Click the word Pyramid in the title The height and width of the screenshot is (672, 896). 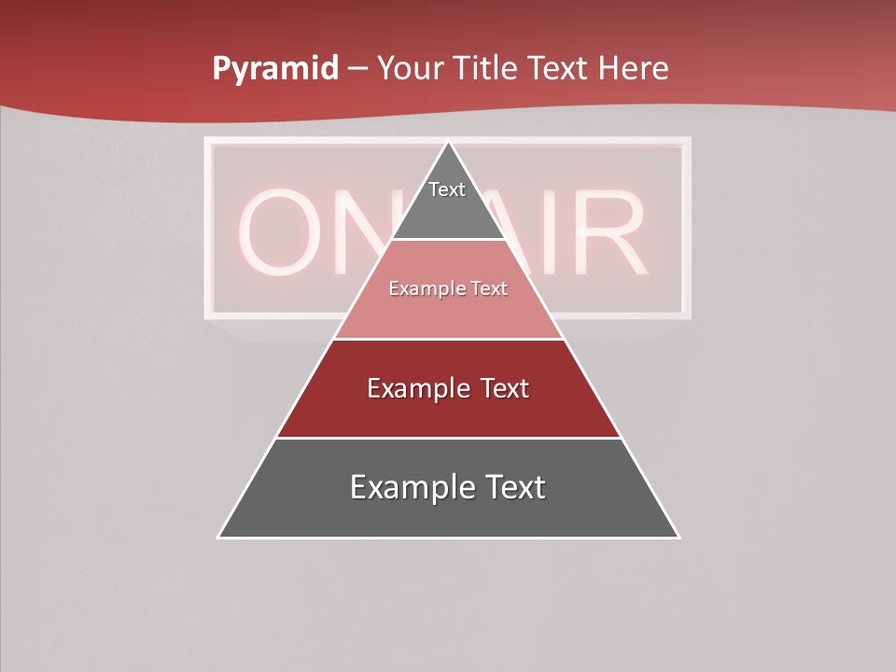pyautogui.click(x=275, y=69)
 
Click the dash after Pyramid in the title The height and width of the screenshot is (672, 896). pyautogui.click(x=357, y=69)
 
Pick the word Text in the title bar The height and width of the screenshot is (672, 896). pyautogui.click(x=559, y=69)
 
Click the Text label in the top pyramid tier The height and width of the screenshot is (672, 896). pyautogui.click(x=447, y=189)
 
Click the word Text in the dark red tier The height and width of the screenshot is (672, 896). pyautogui.click(x=502, y=388)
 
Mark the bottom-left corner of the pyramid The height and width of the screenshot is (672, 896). pyautogui.click(x=218, y=537)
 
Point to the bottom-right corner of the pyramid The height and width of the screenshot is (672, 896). pyautogui.click(x=679, y=537)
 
